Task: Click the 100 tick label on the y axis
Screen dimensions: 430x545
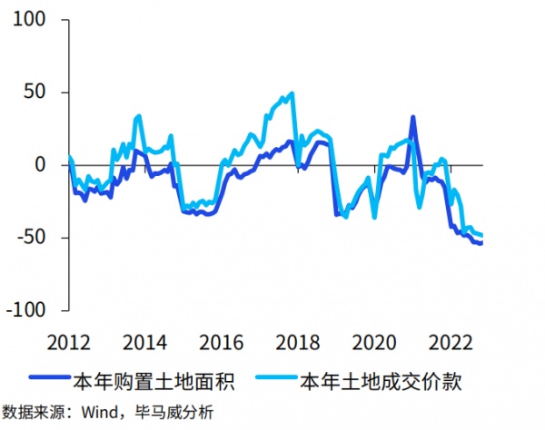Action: [x=31, y=20]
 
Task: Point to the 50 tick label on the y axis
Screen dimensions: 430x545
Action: [x=37, y=93]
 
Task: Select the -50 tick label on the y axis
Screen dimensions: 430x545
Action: [x=31, y=238]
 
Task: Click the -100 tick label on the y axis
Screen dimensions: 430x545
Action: [x=25, y=310]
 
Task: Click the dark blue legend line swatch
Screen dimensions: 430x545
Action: [x=47, y=380]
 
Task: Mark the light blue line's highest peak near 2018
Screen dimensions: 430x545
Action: [x=292, y=93]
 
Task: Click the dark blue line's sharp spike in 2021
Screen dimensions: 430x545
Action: [x=412, y=117]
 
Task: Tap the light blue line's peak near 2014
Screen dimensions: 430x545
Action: [x=138, y=115]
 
